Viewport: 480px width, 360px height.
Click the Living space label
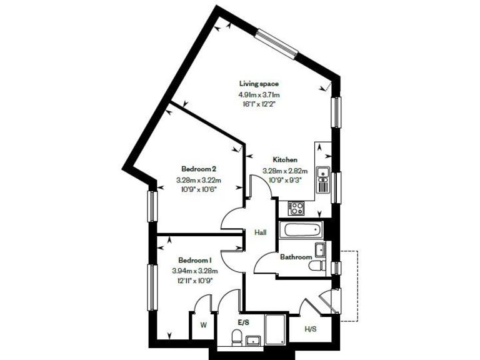pyautogui.click(x=259, y=84)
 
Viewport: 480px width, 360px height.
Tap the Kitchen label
pyautogui.click(x=284, y=160)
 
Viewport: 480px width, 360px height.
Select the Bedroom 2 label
pyautogui.click(x=199, y=169)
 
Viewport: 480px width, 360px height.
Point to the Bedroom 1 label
pyautogui.click(x=194, y=260)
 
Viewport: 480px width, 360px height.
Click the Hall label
pyautogui.click(x=261, y=232)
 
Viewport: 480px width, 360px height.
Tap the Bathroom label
pyautogui.click(x=296, y=257)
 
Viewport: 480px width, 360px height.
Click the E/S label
pyautogui.click(x=243, y=322)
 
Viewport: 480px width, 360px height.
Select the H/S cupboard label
pyautogui.click(x=311, y=329)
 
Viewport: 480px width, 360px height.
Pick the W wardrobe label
pyautogui.click(x=203, y=325)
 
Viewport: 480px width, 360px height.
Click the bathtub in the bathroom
pyautogui.click(x=300, y=229)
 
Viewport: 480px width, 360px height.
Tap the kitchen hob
pyautogui.click(x=296, y=208)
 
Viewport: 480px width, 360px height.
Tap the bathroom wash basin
pyautogui.click(x=320, y=250)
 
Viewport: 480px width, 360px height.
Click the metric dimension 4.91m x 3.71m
pyautogui.click(x=259, y=94)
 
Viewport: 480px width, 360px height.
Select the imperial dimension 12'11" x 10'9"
pyautogui.click(x=194, y=281)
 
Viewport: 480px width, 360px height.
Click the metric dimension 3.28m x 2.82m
pyautogui.click(x=284, y=171)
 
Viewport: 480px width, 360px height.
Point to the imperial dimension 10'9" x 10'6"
pyautogui.click(x=199, y=190)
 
